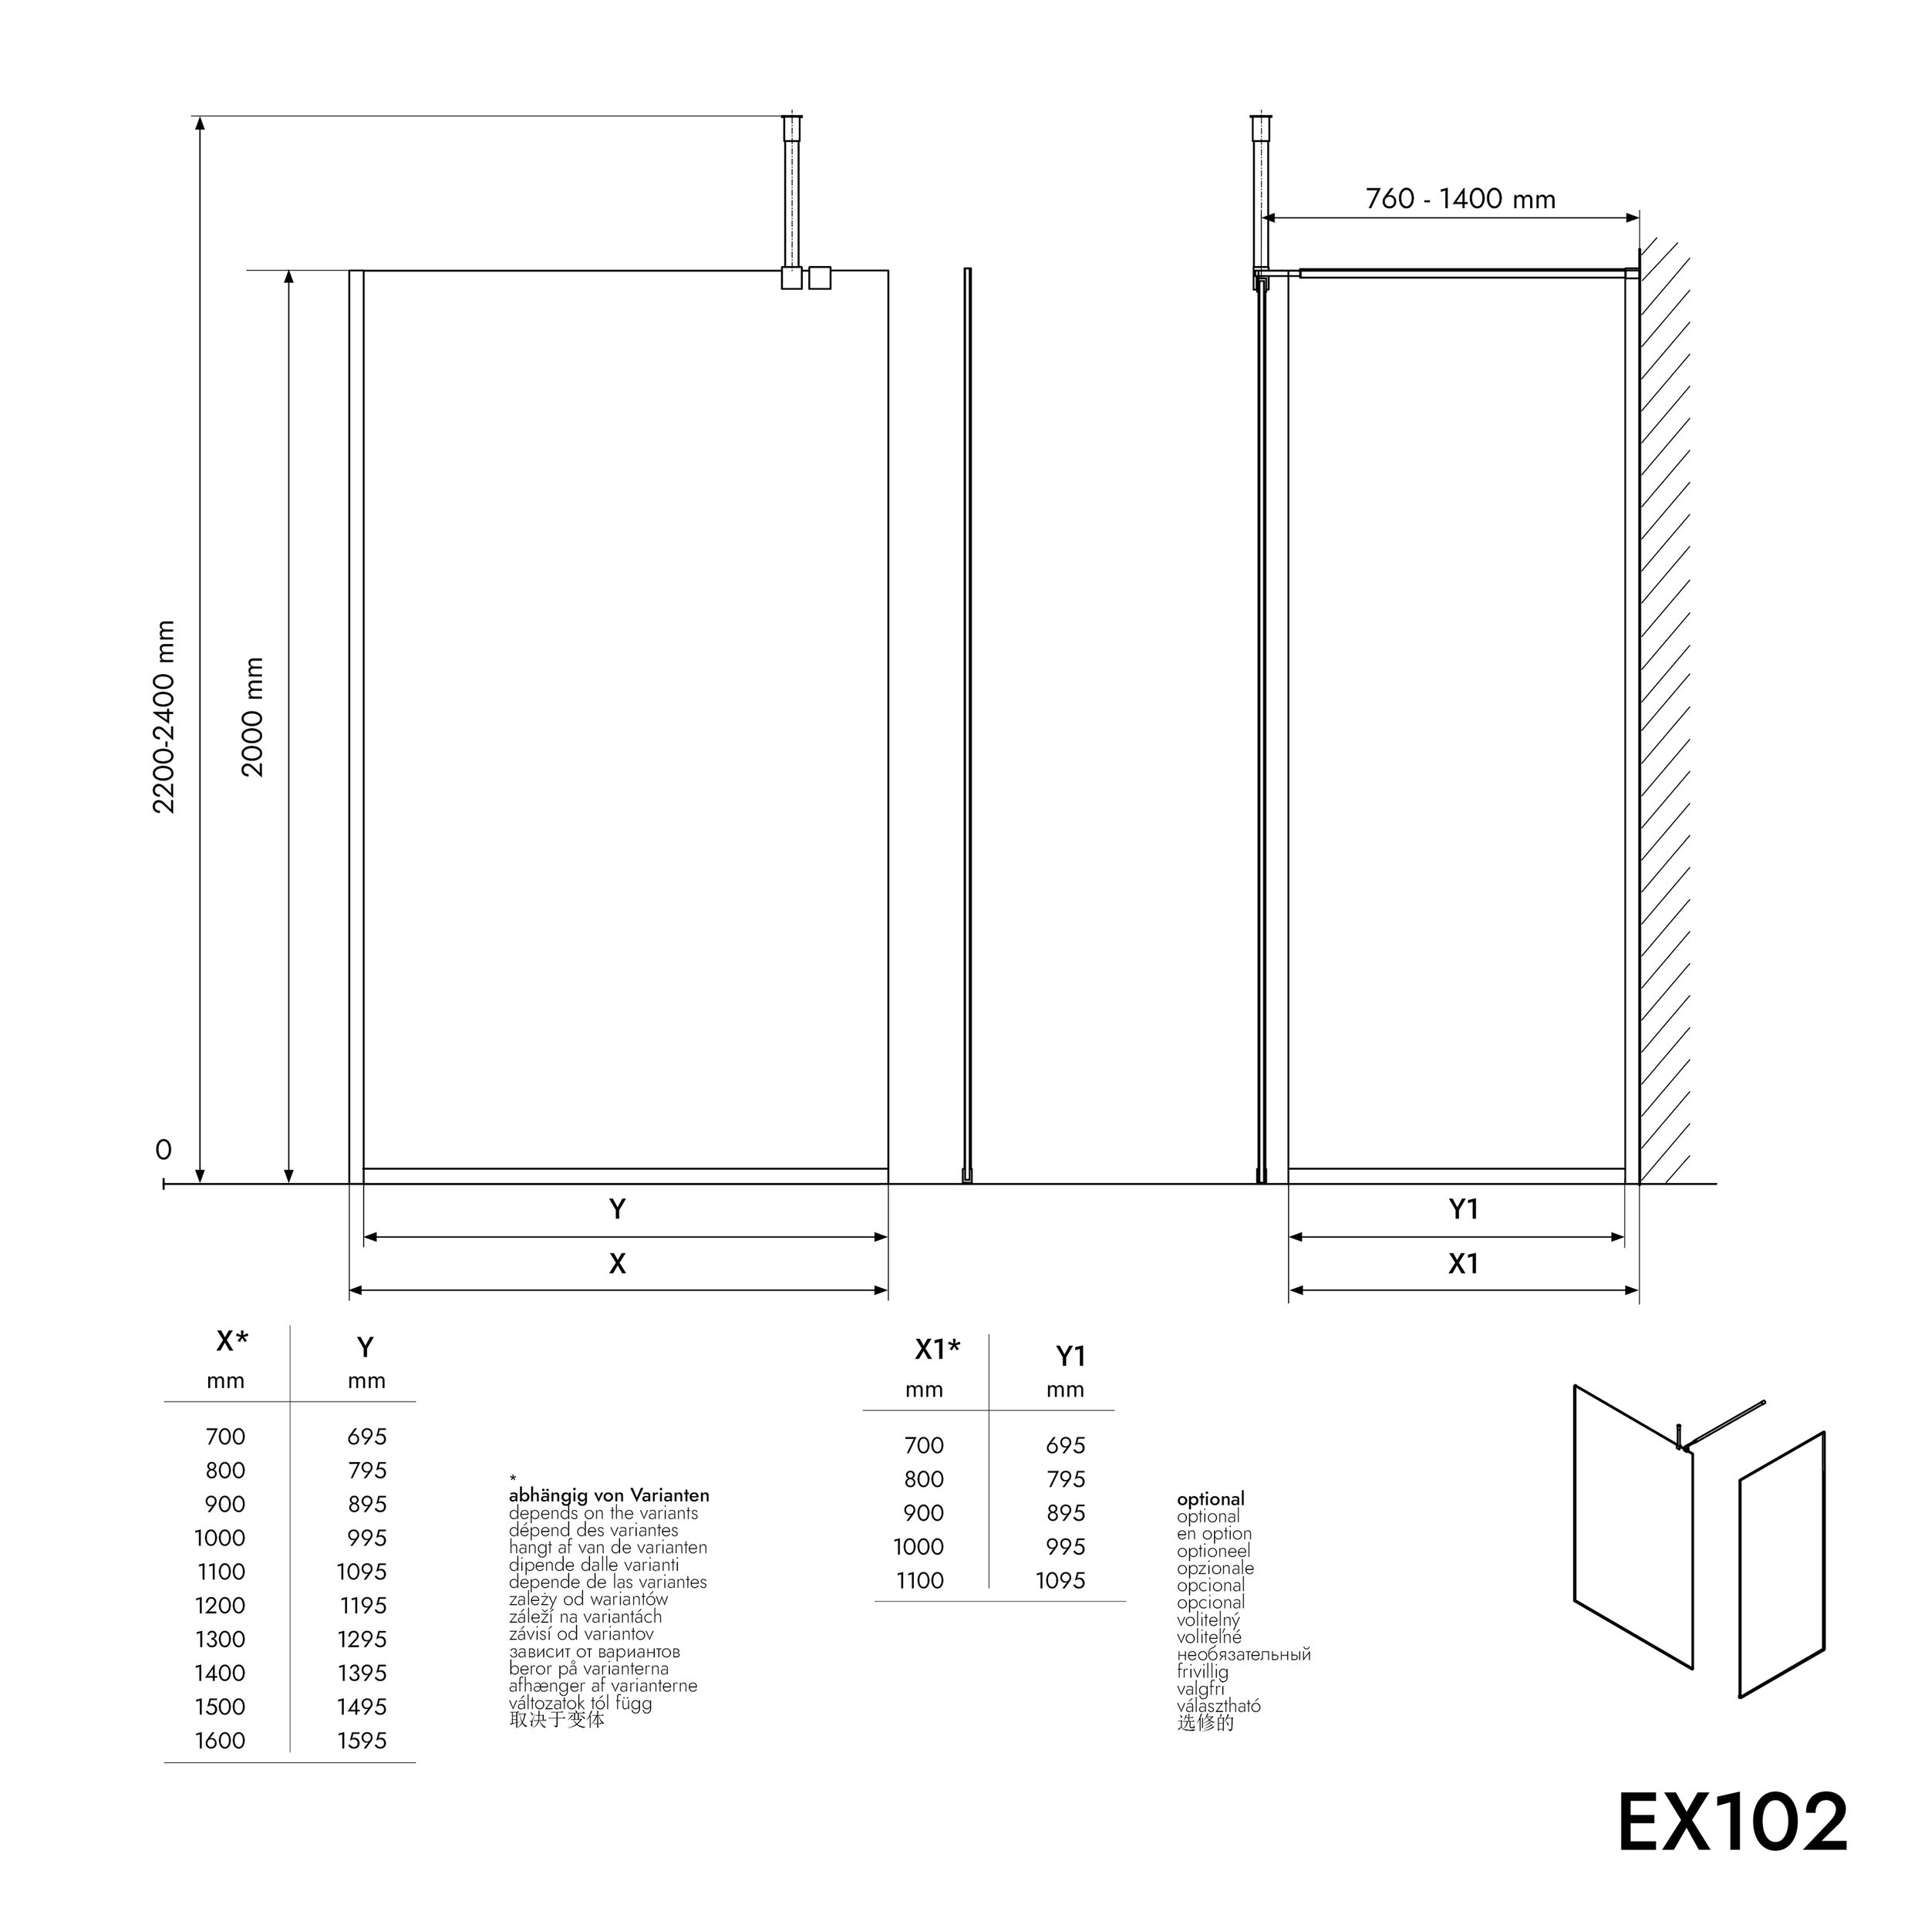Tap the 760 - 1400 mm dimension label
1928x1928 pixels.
point(1460,200)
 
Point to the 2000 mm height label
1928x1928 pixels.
point(252,716)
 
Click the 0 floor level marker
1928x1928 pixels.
point(163,1150)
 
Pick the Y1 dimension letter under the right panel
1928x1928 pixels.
point(1463,1209)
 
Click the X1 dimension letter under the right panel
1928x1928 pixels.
point(1463,1263)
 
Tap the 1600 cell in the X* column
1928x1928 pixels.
point(220,1741)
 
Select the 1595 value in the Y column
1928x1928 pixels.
point(361,1741)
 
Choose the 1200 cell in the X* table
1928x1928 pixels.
point(220,1606)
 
